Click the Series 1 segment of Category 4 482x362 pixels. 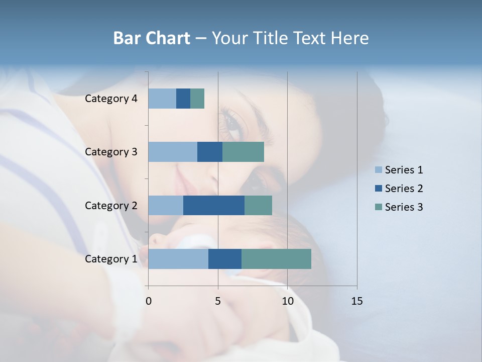(x=162, y=99)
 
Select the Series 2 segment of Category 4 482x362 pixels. (x=183, y=99)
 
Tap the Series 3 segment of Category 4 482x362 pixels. (x=197, y=99)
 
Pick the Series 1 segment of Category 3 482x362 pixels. (x=173, y=152)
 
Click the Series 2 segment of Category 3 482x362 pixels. (x=210, y=152)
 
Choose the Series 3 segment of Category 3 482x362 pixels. (x=243, y=152)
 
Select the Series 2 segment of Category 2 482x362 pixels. (x=214, y=205)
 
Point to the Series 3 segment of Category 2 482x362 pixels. (x=258, y=205)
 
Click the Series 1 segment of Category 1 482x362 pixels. (x=178, y=259)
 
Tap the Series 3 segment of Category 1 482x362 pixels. (x=276, y=259)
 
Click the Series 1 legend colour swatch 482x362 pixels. (x=378, y=170)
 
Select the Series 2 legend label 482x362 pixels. (x=404, y=189)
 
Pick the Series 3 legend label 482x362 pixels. (x=404, y=207)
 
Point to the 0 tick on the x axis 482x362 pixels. (x=149, y=301)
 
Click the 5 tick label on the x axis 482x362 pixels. (x=218, y=301)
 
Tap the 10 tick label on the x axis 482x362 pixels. (x=287, y=301)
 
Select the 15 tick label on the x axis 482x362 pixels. (x=356, y=301)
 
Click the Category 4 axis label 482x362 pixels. (x=111, y=99)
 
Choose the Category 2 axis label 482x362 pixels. (x=111, y=205)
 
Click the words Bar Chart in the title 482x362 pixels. (x=151, y=38)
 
